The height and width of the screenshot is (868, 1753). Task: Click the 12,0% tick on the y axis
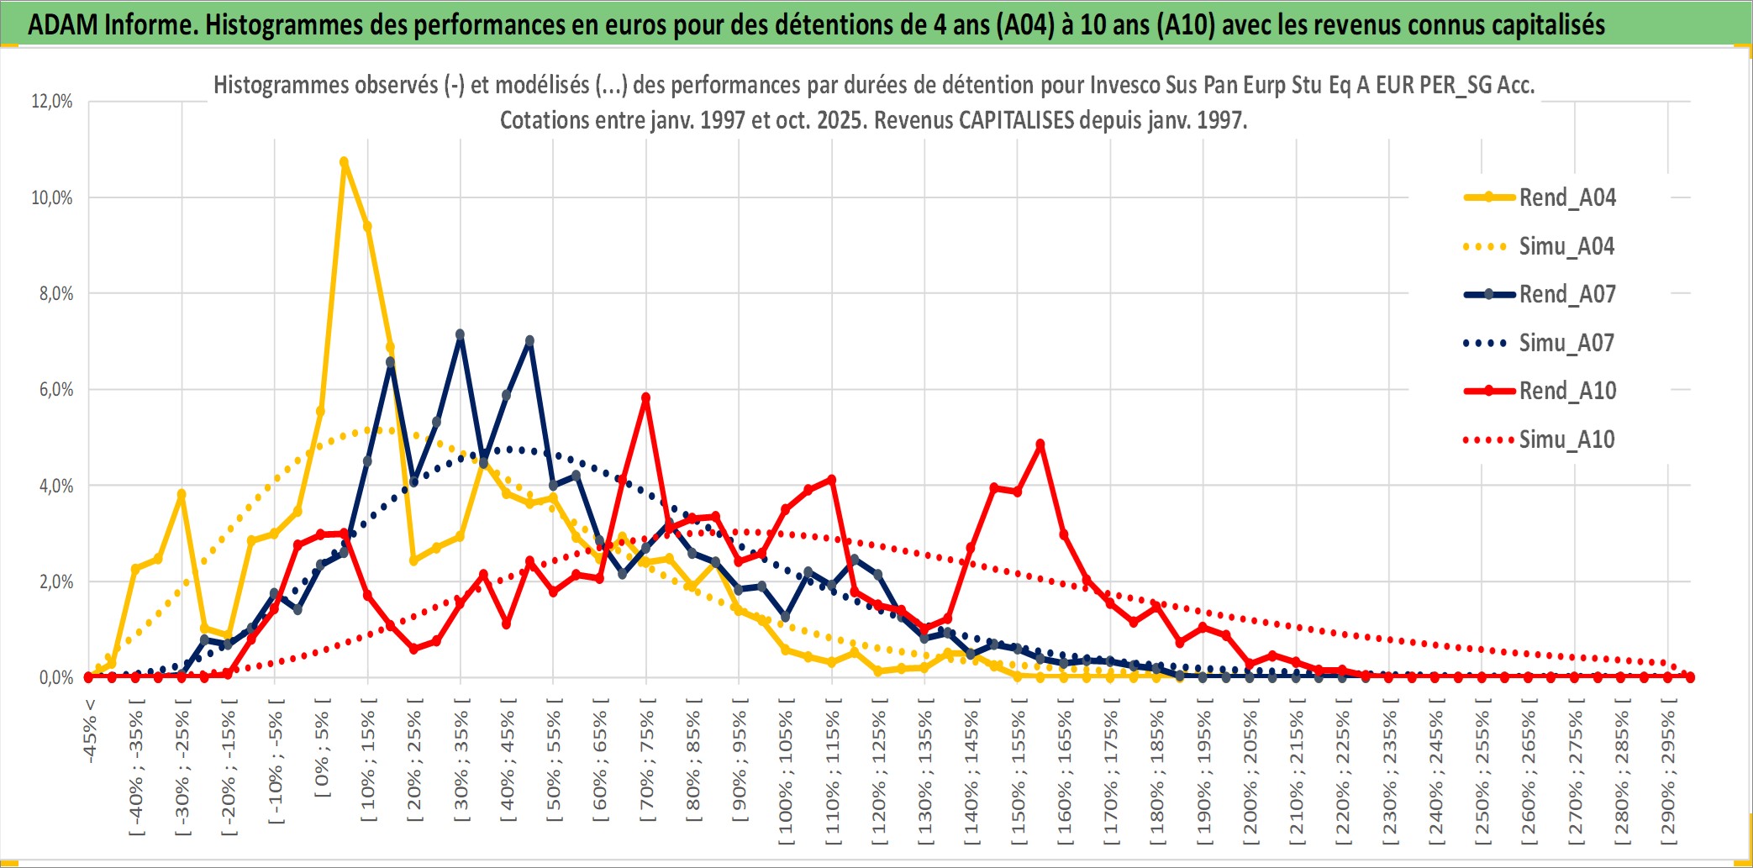pyautogui.click(x=52, y=102)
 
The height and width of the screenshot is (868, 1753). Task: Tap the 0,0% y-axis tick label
pyautogui.click(x=56, y=678)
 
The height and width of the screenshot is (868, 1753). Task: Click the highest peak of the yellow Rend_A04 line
pyautogui.click(x=344, y=162)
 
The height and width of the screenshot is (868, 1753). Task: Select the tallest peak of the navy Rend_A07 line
pyautogui.click(x=460, y=334)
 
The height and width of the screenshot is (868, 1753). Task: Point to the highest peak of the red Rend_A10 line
pyautogui.click(x=645, y=398)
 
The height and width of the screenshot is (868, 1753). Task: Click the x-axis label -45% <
pyautogui.click(x=90, y=731)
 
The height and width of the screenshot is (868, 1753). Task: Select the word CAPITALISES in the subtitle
pyautogui.click(x=1016, y=120)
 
